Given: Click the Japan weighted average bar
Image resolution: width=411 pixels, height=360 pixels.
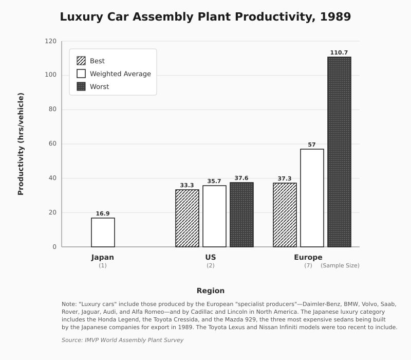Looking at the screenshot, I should (x=103, y=232).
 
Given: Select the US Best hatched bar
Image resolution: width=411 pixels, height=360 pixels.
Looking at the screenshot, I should (x=187, y=219).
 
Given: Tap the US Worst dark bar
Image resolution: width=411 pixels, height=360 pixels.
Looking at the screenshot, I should (x=241, y=215).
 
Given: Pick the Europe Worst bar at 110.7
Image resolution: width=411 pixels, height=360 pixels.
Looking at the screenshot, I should (x=339, y=152).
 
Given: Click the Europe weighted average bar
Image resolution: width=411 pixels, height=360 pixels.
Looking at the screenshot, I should (x=312, y=198).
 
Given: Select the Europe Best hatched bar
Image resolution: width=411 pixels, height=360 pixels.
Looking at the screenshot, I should (x=285, y=215).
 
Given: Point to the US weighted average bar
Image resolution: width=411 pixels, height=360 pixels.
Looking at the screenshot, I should (x=214, y=216).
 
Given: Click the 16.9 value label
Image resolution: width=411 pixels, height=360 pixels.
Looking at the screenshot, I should (x=103, y=213).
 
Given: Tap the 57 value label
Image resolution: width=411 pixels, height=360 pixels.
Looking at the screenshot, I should (x=312, y=145).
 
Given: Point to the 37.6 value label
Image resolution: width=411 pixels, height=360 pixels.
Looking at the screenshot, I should (x=241, y=178).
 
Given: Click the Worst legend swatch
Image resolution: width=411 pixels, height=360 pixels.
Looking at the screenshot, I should (x=81, y=86).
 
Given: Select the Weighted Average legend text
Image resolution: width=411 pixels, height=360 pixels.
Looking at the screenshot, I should (x=120, y=74).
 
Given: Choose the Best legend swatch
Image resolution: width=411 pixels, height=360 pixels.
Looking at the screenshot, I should (x=81, y=61).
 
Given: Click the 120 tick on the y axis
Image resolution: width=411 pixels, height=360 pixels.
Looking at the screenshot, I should (x=50, y=41).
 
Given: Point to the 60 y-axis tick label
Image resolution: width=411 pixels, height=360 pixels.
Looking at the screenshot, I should (x=52, y=143).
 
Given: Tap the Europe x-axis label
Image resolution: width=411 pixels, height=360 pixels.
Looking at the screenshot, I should (x=308, y=257).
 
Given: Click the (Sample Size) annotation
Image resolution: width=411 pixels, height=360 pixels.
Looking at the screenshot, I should (x=340, y=265).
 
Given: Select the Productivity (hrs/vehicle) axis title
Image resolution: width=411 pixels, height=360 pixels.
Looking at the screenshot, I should (x=21, y=144).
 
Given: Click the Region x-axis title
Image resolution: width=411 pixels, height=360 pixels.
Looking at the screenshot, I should (x=211, y=291).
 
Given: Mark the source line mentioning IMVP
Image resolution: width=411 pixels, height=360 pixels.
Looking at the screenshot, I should (x=122, y=340).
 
